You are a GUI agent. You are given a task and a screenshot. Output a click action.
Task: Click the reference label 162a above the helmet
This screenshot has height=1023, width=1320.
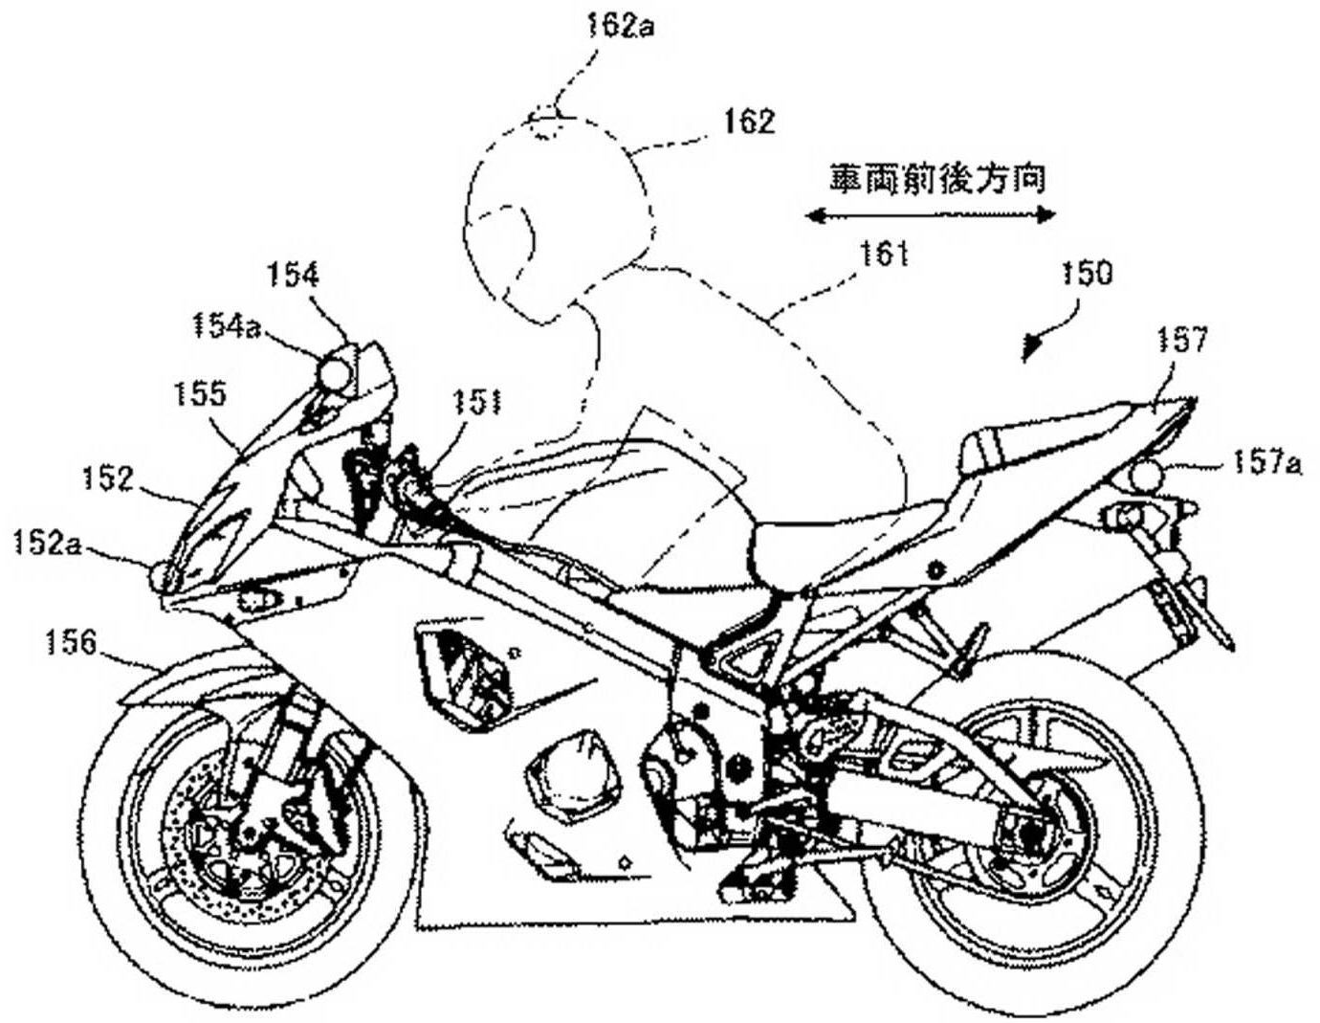(621, 26)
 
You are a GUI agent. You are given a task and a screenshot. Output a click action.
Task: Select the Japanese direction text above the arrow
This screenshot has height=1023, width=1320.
(936, 178)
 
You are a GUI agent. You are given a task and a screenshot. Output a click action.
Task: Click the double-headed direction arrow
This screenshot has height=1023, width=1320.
(930, 215)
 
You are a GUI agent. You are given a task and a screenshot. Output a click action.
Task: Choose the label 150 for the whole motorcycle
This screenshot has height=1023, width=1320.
(1087, 274)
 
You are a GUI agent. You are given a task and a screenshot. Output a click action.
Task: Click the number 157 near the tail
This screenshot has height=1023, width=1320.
(1182, 341)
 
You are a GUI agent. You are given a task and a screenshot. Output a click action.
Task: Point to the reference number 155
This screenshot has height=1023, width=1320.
(202, 392)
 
